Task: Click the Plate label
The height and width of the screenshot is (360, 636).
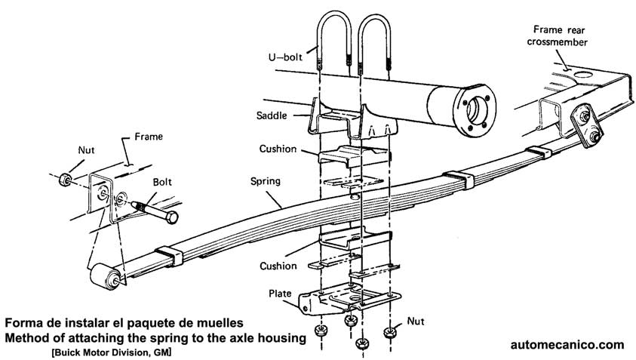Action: point(278,292)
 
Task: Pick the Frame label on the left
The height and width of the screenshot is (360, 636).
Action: point(149,137)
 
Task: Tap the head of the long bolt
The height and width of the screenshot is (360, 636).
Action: point(173,217)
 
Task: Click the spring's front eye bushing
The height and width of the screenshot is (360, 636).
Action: point(105,279)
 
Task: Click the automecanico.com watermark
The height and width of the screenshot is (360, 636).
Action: point(567,344)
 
